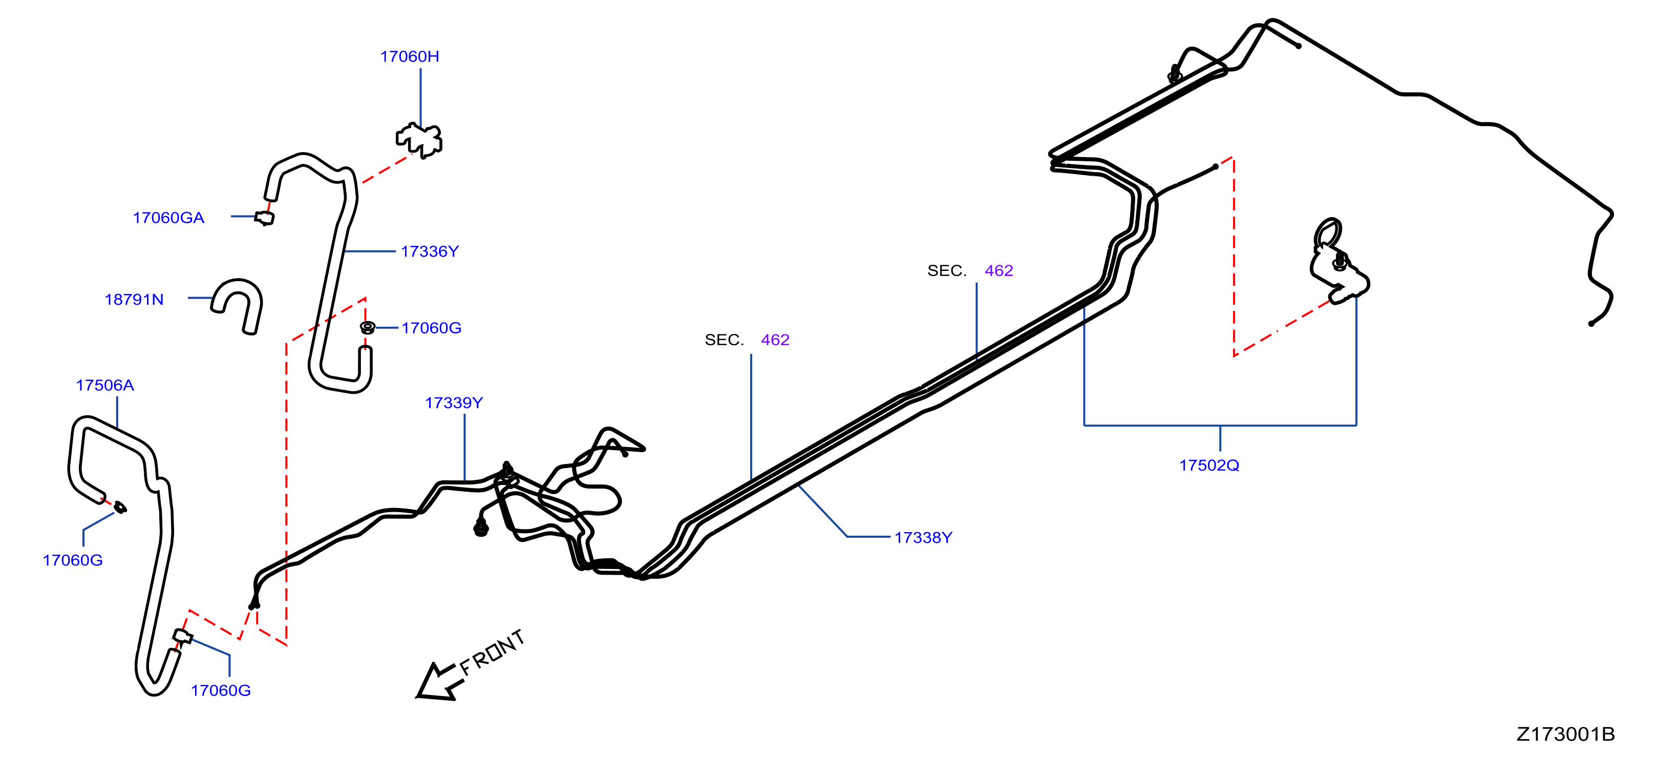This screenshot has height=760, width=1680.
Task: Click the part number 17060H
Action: [410, 57]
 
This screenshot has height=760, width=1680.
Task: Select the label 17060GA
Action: [168, 218]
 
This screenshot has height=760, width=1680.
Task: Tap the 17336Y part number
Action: [430, 252]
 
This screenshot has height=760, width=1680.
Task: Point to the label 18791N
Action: [134, 300]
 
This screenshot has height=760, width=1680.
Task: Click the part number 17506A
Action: [105, 386]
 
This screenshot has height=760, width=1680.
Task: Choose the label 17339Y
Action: [454, 403]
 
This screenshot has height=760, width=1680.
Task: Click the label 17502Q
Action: [1209, 465]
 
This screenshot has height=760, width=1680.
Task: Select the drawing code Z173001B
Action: [1565, 734]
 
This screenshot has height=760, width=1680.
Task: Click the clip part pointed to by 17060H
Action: [419, 140]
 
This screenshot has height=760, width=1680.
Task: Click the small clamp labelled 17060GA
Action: [264, 218]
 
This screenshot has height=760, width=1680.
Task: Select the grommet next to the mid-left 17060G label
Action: [368, 327]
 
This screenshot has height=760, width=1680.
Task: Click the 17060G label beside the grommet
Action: [431, 328]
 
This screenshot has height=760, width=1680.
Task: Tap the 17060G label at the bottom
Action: [221, 691]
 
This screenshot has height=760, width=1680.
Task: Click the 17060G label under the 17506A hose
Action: [72, 560]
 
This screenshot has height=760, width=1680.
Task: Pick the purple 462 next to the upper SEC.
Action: [998, 271]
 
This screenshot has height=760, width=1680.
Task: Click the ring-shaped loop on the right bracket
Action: [1328, 233]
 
